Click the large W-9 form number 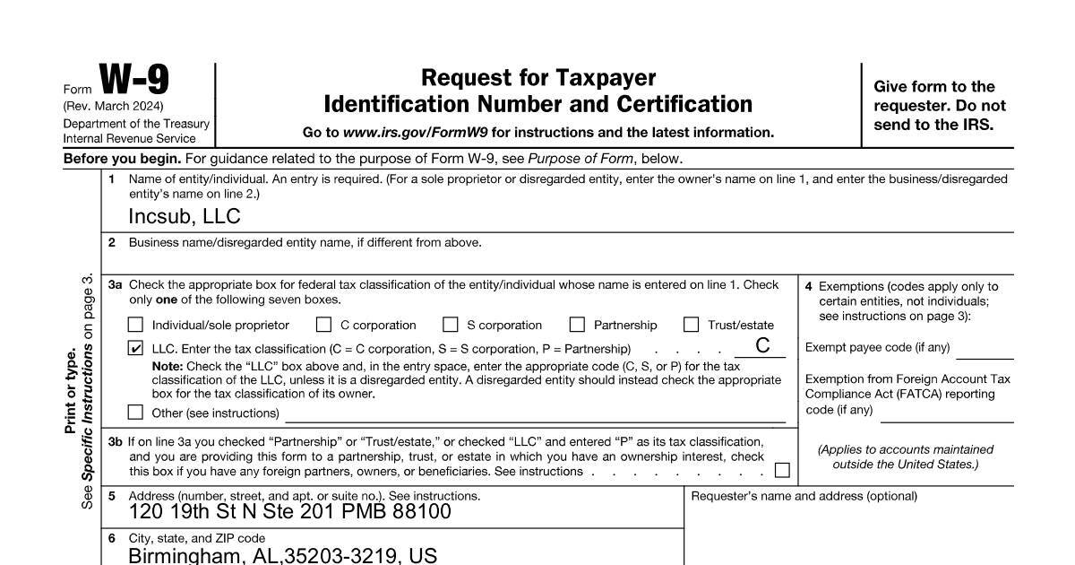point(133,81)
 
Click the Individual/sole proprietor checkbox point(135,325)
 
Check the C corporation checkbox point(323,325)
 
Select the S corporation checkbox point(451,325)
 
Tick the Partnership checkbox point(577,325)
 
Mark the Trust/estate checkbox point(691,325)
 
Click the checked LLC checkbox point(135,348)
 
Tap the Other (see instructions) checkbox point(135,413)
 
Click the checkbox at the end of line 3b point(782,470)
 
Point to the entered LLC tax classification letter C point(762,346)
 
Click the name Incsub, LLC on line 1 point(184,217)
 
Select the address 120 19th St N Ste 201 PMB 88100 point(289,512)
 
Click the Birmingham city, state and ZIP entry point(282,555)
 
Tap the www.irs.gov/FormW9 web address point(416,133)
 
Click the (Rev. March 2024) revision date point(113,107)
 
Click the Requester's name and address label point(804,496)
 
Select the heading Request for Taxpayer point(537,78)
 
